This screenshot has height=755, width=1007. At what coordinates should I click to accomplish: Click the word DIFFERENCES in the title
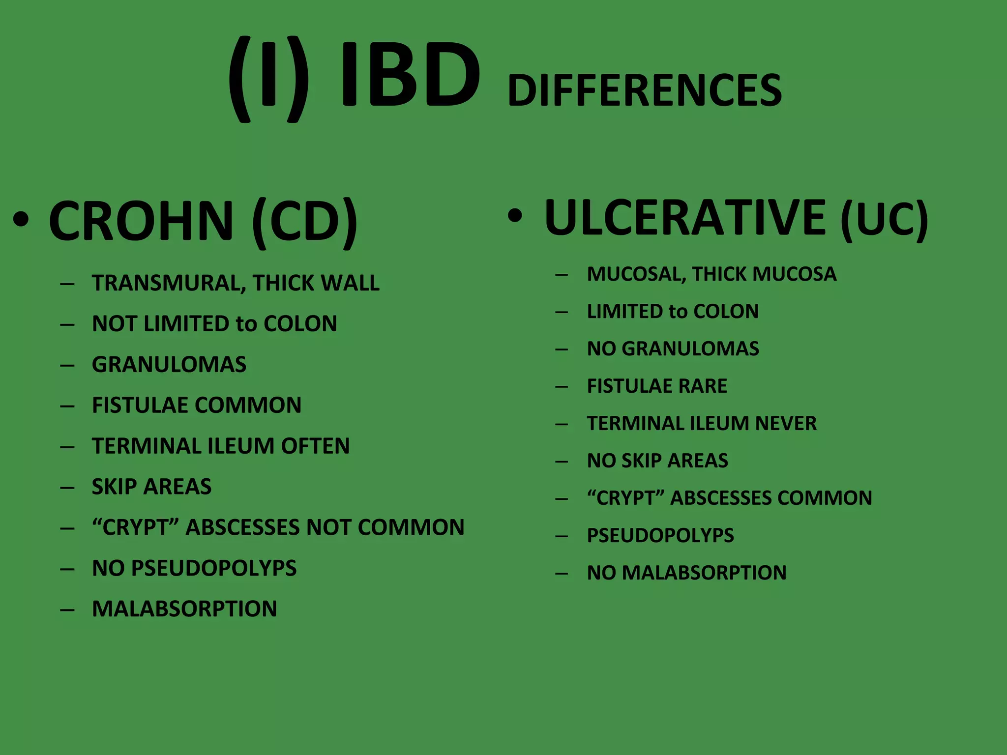644,90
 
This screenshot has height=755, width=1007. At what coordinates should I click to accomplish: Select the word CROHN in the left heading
141,221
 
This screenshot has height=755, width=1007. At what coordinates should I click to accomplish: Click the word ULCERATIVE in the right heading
685,218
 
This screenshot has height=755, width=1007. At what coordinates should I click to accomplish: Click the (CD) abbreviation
304,222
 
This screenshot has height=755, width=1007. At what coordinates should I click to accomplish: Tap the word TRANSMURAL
168,284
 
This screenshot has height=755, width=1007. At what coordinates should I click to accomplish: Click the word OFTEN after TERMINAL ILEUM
315,446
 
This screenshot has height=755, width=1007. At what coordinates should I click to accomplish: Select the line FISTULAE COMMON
197,406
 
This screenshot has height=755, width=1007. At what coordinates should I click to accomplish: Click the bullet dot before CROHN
21,220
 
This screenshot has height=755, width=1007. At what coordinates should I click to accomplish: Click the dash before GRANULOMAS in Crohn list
67,365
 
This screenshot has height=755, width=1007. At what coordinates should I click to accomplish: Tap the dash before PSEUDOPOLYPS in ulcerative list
562,536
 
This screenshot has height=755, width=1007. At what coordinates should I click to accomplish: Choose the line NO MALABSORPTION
686,573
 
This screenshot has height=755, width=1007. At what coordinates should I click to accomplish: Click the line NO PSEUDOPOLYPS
194,569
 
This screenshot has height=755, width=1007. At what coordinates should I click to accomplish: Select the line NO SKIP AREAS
657,461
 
